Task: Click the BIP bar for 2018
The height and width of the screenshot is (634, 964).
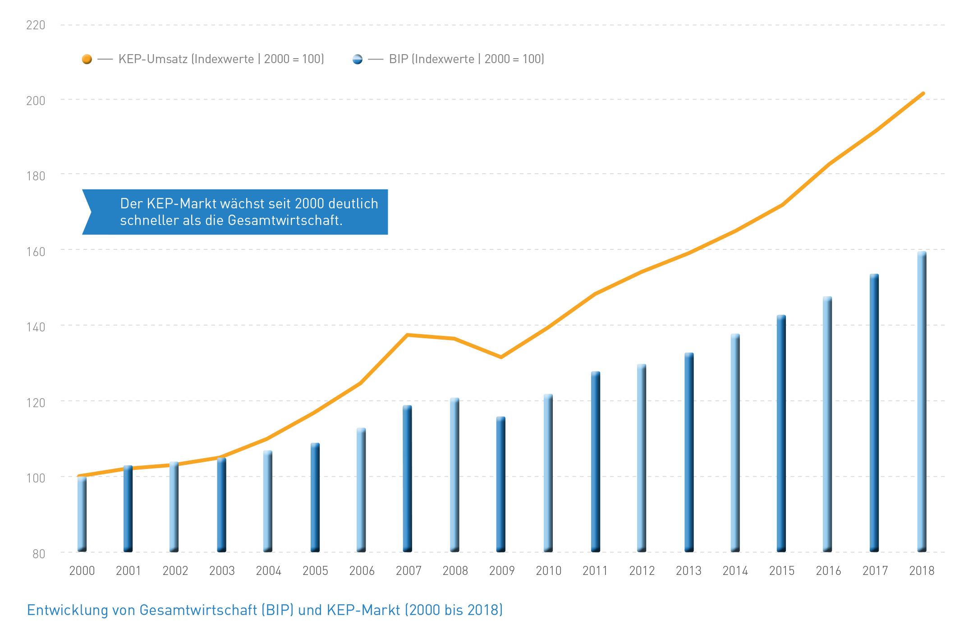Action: pyautogui.click(x=922, y=401)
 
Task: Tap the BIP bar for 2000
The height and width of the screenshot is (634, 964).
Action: pyautogui.click(x=82, y=514)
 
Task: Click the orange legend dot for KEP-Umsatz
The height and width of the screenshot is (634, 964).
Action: pyautogui.click(x=87, y=59)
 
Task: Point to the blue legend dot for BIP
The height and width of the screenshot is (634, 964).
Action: pyautogui.click(x=358, y=59)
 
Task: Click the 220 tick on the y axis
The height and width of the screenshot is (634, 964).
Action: pyautogui.click(x=36, y=25)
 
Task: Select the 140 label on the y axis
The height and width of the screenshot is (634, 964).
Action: pyautogui.click(x=36, y=327)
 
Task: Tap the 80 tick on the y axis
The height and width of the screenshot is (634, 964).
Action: pyautogui.click(x=39, y=554)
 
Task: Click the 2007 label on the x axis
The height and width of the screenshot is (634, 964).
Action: pyautogui.click(x=409, y=571)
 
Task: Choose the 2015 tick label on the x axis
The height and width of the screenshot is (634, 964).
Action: pyautogui.click(x=782, y=571)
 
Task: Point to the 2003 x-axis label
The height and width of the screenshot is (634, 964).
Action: pyautogui.click(x=222, y=571)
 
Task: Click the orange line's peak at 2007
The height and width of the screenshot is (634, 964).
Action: pyautogui.click(x=407, y=335)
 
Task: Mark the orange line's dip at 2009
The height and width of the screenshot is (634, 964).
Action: pyautogui.click(x=501, y=357)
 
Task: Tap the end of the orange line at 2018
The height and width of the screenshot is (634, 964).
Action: pyautogui.click(x=923, y=94)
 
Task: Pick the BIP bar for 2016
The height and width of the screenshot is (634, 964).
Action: pyautogui.click(x=827, y=424)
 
